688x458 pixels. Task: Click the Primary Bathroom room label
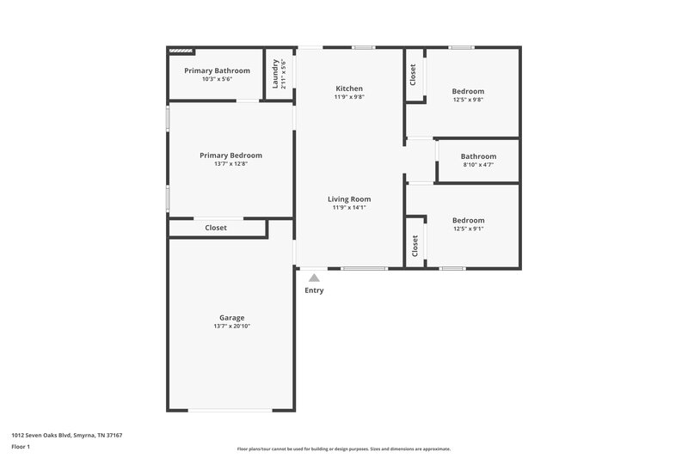point(217,70)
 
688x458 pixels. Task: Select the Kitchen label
point(349,89)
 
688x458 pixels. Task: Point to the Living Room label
point(349,198)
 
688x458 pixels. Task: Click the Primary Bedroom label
point(230,156)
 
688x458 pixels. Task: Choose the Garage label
point(231,317)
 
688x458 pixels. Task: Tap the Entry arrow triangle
point(314,278)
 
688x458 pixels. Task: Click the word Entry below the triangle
point(314,290)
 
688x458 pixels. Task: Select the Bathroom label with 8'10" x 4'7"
point(478,156)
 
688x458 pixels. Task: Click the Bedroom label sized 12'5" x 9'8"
point(468,91)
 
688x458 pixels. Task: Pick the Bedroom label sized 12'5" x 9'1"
point(468,220)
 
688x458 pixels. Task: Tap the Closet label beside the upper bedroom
point(414,75)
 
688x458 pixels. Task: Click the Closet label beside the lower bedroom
point(415,247)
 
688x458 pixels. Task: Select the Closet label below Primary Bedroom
point(216,228)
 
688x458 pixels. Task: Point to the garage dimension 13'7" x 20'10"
point(231,327)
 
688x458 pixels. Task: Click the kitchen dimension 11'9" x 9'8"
point(349,97)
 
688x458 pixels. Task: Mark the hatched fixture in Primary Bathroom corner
point(181,52)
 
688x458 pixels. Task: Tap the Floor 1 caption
point(21,447)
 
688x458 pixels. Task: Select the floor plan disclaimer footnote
point(343,449)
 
